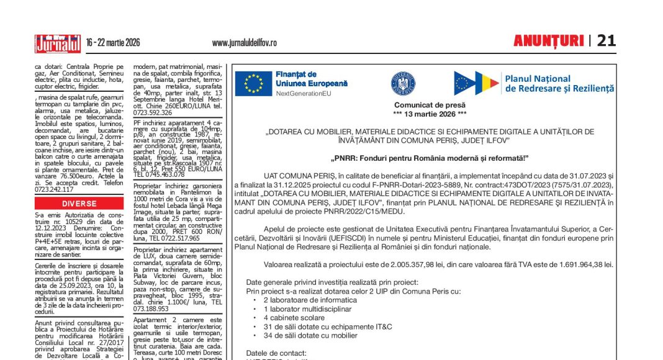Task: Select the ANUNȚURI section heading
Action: (548, 41)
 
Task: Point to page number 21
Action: (606, 41)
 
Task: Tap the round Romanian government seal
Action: (403, 83)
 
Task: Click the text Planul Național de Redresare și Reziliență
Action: (559, 84)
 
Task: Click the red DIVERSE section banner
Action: (79, 204)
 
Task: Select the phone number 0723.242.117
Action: (54, 190)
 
